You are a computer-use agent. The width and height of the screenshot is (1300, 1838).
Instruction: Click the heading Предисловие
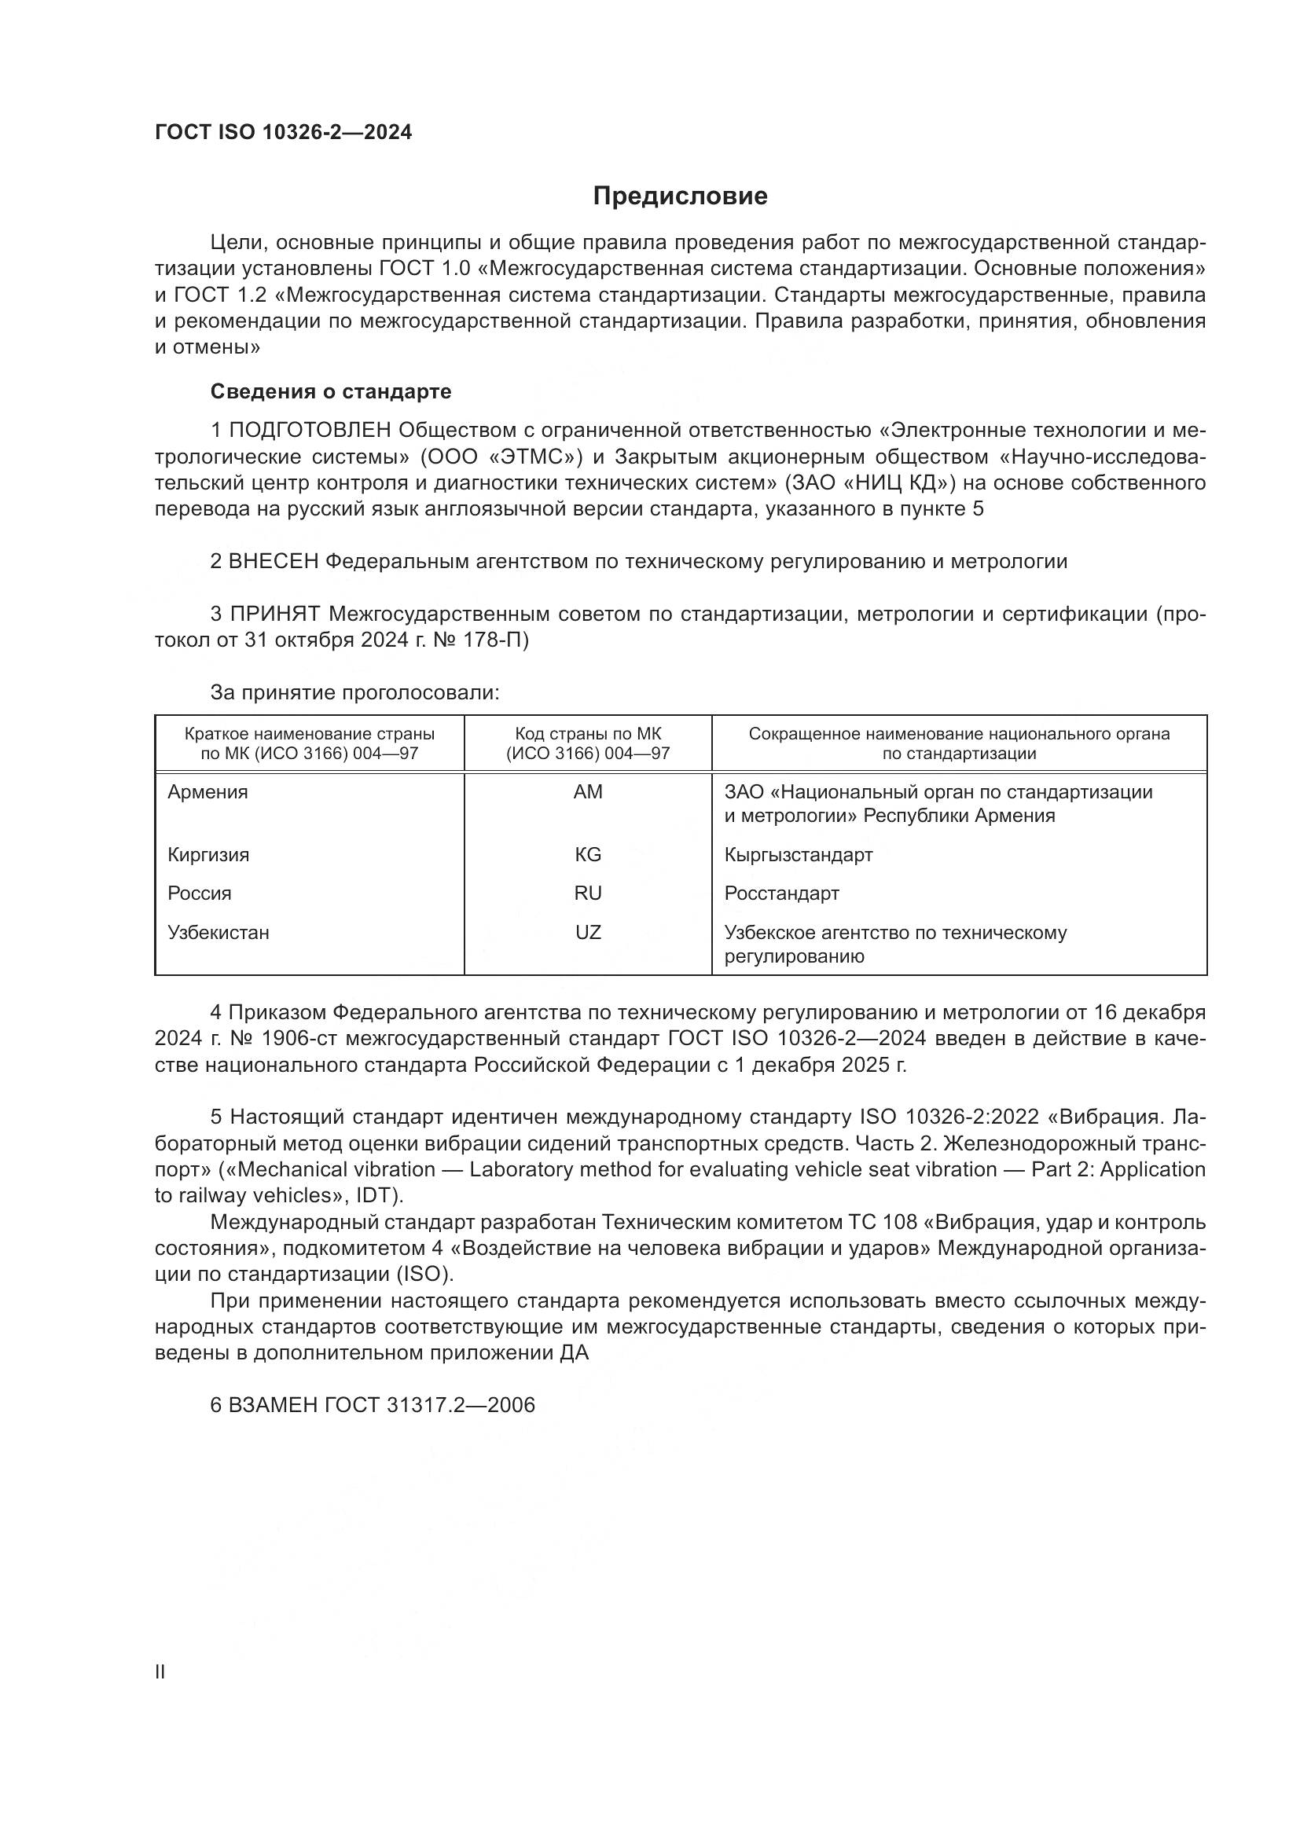pos(680,196)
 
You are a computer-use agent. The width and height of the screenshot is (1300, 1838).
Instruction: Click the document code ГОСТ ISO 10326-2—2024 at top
pos(284,133)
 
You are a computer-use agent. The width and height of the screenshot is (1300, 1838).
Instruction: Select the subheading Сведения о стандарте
pos(331,391)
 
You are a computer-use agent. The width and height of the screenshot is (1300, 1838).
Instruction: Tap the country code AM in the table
pos(588,792)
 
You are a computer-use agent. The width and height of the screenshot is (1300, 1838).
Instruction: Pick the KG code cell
pos(588,854)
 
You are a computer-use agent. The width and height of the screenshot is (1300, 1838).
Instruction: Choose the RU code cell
pos(588,893)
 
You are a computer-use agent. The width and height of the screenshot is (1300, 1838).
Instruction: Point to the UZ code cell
pos(588,933)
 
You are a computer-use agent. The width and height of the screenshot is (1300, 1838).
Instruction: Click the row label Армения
pos(207,792)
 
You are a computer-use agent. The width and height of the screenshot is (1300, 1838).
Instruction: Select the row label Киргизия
pos(208,854)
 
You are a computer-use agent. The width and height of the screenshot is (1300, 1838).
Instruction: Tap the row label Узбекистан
pos(218,933)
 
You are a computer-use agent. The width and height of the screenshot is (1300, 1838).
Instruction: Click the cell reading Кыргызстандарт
pos(798,854)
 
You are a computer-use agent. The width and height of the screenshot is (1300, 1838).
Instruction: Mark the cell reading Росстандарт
pos(781,893)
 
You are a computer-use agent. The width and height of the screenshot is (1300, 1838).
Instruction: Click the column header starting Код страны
pos(588,743)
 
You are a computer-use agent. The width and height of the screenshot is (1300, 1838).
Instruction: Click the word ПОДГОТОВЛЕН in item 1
pos(310,431)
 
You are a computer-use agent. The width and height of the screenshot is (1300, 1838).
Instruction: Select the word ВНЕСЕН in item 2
pos(274,561)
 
